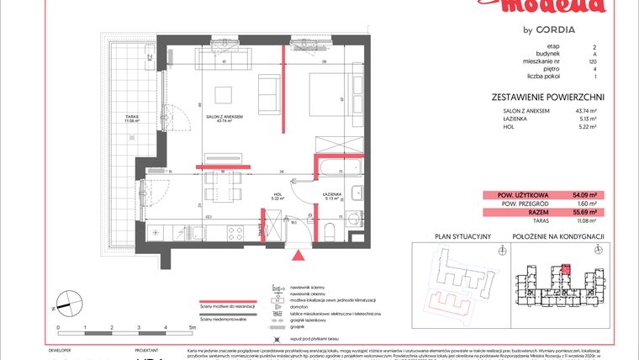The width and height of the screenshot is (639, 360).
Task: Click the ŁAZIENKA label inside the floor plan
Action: [331, 195]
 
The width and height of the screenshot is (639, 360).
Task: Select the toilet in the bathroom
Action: [331, 230]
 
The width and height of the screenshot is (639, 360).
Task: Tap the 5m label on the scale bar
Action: [192, 327]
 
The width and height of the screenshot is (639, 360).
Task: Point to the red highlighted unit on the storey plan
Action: [565, 270]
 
